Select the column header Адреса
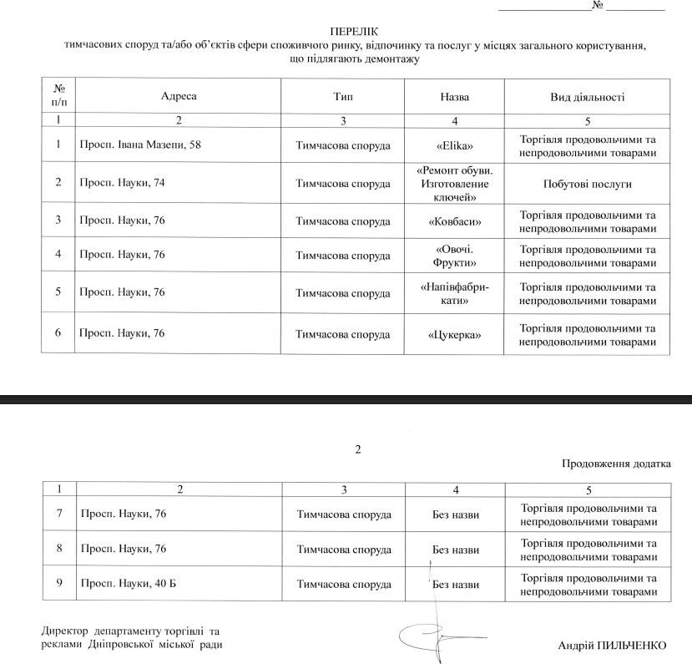[179, 97]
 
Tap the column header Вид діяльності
[587, 97]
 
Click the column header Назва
[454, 97]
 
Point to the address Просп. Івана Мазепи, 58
[139, 145]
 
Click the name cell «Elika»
[454, 145]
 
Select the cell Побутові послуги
[587, 183]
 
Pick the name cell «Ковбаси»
[454, 221]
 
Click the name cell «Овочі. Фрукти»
[454, 256]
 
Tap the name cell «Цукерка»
[454, 334]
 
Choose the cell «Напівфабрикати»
[454, 294]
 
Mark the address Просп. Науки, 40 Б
[127, 583]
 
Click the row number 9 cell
[58, 583]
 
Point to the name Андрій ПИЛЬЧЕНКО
[614, 645]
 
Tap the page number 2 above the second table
[357, 450]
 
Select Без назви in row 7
[456, 514]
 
